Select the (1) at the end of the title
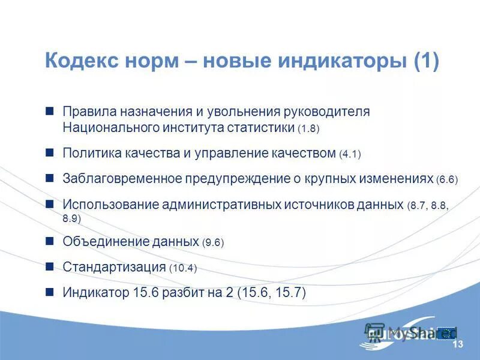426,62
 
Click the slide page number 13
458,344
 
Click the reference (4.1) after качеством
350,154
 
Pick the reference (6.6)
447,179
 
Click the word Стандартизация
114,267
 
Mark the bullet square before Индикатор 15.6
50,292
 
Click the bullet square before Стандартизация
50,267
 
